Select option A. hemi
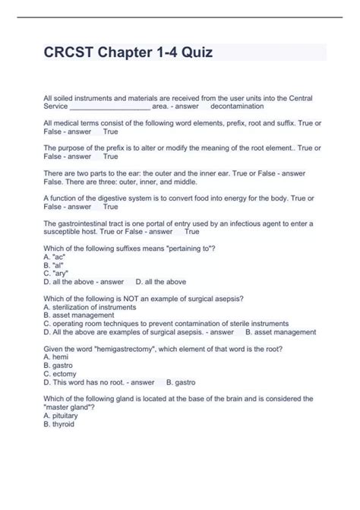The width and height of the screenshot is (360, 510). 57,356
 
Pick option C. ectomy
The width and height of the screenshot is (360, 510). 62,373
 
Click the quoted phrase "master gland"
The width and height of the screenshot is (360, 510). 68,407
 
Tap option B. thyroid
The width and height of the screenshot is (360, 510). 60,424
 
